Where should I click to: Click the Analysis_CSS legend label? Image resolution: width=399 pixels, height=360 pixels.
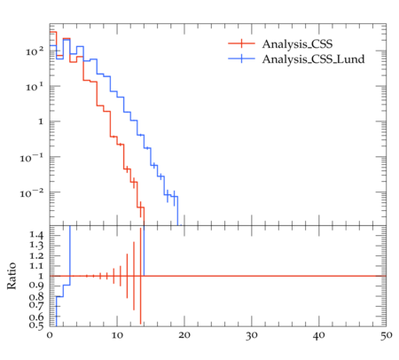click(297, 44)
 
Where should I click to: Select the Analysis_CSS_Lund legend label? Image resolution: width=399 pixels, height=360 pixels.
click(313, 59)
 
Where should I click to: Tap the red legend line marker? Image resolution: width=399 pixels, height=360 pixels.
click(241, 43)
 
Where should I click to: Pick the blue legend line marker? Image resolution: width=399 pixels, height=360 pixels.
click(241, 59)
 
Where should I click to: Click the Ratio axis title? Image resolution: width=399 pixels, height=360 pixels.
click(12, 276)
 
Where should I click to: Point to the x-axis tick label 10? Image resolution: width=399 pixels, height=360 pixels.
click(117, 336)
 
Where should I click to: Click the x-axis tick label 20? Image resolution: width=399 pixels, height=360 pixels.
click(184, 336)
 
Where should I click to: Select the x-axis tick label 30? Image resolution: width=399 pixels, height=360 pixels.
click(252, 336)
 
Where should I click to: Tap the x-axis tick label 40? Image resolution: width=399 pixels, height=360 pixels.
click(319, 336)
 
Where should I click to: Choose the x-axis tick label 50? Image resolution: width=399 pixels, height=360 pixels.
click(386, 336)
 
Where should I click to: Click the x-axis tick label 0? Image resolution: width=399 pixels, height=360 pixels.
click(50, 336)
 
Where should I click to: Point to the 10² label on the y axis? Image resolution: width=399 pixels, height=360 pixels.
click(35, 51)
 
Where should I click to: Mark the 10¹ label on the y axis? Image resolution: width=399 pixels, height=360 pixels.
click(35, 87)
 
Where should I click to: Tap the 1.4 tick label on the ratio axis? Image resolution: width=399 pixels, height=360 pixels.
click(36, 235)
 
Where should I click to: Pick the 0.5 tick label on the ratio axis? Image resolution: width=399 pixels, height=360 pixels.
click(36, 325)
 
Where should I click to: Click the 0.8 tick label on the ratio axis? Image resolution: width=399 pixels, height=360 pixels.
click(36, 296)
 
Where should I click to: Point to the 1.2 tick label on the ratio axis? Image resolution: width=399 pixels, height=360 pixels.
click(36, 255)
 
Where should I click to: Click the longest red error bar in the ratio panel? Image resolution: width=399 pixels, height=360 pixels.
click(141, 276)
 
